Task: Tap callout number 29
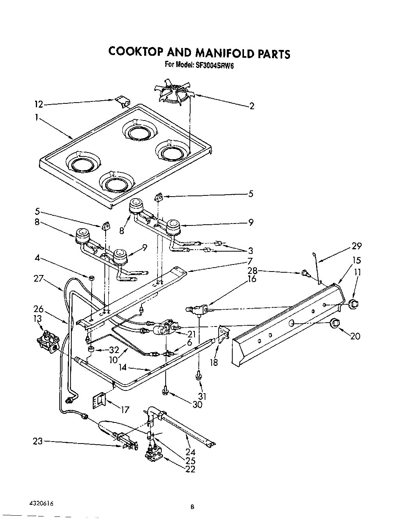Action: [356, 246]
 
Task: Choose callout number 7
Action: [249, 261]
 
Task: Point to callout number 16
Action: [252, 279]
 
